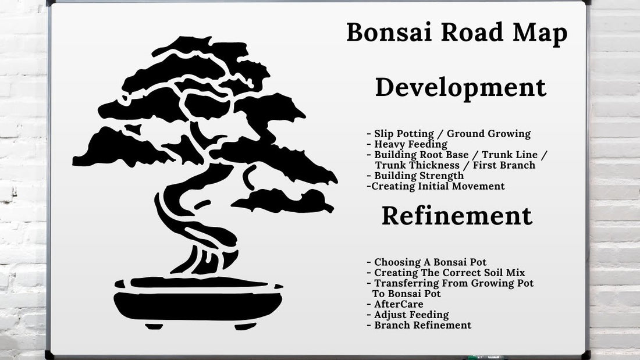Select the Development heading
tap(461, 88)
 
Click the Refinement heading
tap(457, 216)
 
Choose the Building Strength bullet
tap(418, 176)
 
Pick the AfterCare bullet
tap(398, 304)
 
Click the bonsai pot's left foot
tap(154, 326)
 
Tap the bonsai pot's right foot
tap(245, 326)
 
